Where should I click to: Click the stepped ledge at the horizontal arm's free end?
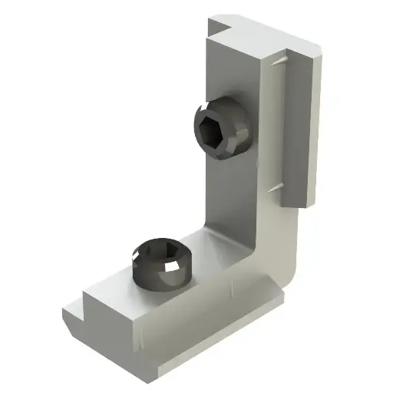[x=77, y=307]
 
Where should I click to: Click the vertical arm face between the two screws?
[x=230, y=192]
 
